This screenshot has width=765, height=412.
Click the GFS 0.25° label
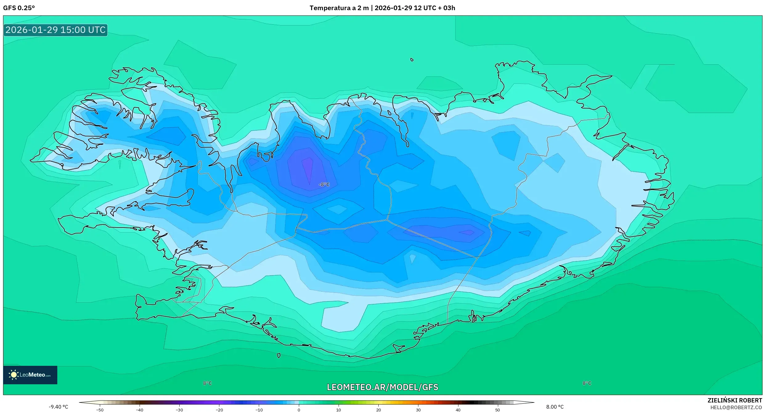(x=19, y=8)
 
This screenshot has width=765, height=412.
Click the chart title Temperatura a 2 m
(x=339, y=8)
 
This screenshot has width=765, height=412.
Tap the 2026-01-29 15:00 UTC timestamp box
(x=55, y=30)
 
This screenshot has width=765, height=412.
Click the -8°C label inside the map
(x=324, y=184)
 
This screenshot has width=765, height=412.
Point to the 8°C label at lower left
(x=207, y=383)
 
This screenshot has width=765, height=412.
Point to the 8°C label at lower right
(x=587, y=383)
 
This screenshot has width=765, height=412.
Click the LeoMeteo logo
(x=30, y=375)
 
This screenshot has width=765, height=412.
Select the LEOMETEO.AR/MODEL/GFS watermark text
(x=382, y=387)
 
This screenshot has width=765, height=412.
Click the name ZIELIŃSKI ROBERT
(x=734, y=400)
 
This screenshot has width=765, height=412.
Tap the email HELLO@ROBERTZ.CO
(x=736, y=407)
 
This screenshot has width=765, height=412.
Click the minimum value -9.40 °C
(x=58, y=407)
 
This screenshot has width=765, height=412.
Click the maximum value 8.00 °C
(x=555, y=407)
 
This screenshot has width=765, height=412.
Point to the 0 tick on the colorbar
(x=299, y=410)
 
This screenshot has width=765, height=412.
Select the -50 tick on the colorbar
(x=100, y=410)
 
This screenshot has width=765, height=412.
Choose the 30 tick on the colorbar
(x=418, y=410)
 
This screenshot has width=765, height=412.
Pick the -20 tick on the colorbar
(x=219, y=410)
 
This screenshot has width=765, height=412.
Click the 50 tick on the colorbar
(x=498, y=410)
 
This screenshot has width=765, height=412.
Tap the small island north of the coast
(x=412, y=60)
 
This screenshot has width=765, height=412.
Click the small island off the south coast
(x=279, y=356)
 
